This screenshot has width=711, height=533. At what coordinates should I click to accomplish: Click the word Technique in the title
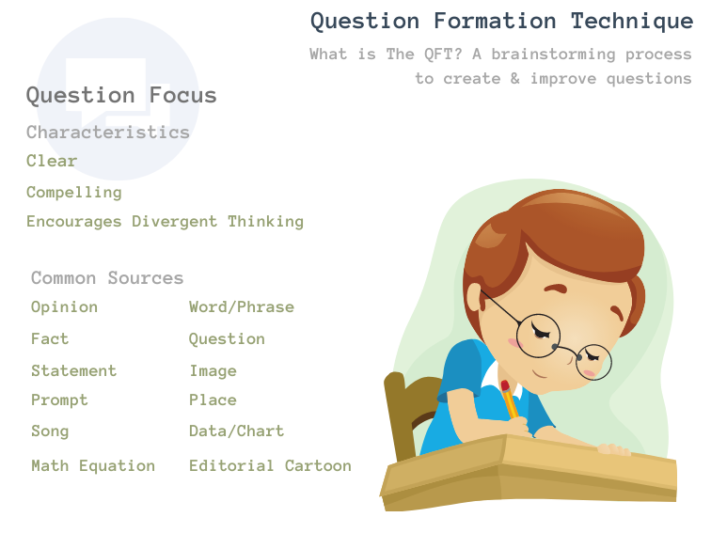pos(632,22)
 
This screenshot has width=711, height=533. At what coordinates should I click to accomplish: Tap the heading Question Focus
pos(121,96)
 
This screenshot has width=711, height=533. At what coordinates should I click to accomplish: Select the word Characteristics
pos(108,133)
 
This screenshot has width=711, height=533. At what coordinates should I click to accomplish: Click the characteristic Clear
pos(52,161)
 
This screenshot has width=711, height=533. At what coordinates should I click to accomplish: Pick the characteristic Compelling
pos(74,193)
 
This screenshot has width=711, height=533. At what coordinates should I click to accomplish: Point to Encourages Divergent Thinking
pos(166,222)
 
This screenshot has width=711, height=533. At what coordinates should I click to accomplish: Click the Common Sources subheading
pos(107,278)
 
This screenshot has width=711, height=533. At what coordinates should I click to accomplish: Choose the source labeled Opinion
pos(64,307)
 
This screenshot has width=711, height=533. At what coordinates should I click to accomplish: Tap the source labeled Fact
pos(50,339)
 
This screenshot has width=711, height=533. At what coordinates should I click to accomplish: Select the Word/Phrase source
pos(242,307)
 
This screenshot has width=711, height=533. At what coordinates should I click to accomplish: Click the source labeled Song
pos(50,431)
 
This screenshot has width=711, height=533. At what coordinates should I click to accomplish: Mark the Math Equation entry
pos(93,466)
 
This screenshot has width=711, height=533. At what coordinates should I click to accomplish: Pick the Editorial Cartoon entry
pos(270,466)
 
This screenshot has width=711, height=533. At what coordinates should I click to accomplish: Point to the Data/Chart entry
pos(237,431)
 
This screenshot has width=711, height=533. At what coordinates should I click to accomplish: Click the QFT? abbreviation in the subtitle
pos(443,55)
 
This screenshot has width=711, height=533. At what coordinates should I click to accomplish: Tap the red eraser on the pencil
pos(505,385)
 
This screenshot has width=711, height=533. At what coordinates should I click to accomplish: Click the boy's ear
pos(475,298)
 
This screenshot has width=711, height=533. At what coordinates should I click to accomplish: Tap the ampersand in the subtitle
pos(514,78)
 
